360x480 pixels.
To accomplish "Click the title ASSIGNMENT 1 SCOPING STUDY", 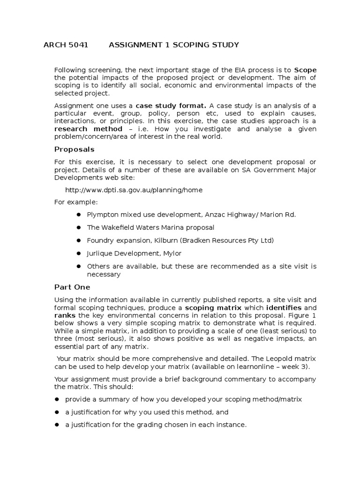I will [173, 45].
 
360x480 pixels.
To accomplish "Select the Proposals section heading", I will [74, 149].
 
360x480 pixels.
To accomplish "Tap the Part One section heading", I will [72, 287].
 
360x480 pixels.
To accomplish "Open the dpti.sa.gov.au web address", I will [134, 190].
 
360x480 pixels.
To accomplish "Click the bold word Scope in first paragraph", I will [305, 70].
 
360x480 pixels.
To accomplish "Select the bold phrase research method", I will [88, 129].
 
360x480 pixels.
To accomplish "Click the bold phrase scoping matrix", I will [213, 308].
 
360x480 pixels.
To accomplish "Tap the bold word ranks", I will [65, 315].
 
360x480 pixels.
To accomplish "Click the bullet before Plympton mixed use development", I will [78, 215].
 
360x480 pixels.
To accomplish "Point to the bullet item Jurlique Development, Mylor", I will [134, 253].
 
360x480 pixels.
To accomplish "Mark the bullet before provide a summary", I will [57, 399].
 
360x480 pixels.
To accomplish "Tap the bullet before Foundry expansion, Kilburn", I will [78, 240].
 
